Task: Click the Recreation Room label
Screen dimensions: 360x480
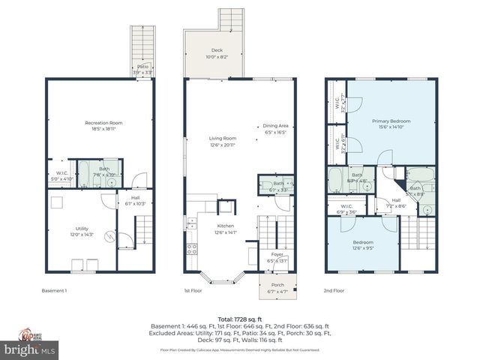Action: [x=103, y=123]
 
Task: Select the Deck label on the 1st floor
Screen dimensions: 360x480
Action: [x=217, y=50]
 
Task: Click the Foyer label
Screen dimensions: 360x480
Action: [x=277, y=255]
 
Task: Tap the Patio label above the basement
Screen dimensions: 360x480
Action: [x=142, y=67]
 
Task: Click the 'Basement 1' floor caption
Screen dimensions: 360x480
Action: [x=54, y=290]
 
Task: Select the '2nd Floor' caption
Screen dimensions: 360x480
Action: [x=334, y=290]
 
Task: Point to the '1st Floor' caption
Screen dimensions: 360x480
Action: [x=193, y=290]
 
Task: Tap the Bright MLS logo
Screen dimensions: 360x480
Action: [x=29, y=349]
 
